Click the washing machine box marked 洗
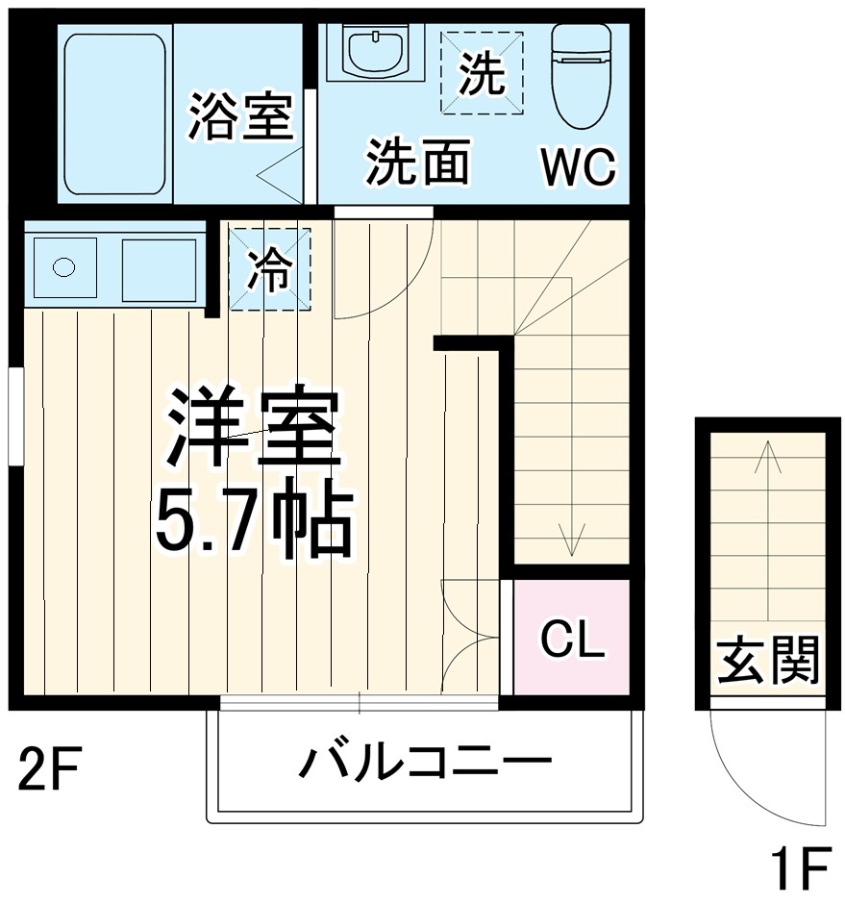pos(482,73)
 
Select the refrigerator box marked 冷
pos(270,268)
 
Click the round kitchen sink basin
pos(64,266)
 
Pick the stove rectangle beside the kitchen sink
pos(159,266)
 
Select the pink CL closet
pos(572,637)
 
